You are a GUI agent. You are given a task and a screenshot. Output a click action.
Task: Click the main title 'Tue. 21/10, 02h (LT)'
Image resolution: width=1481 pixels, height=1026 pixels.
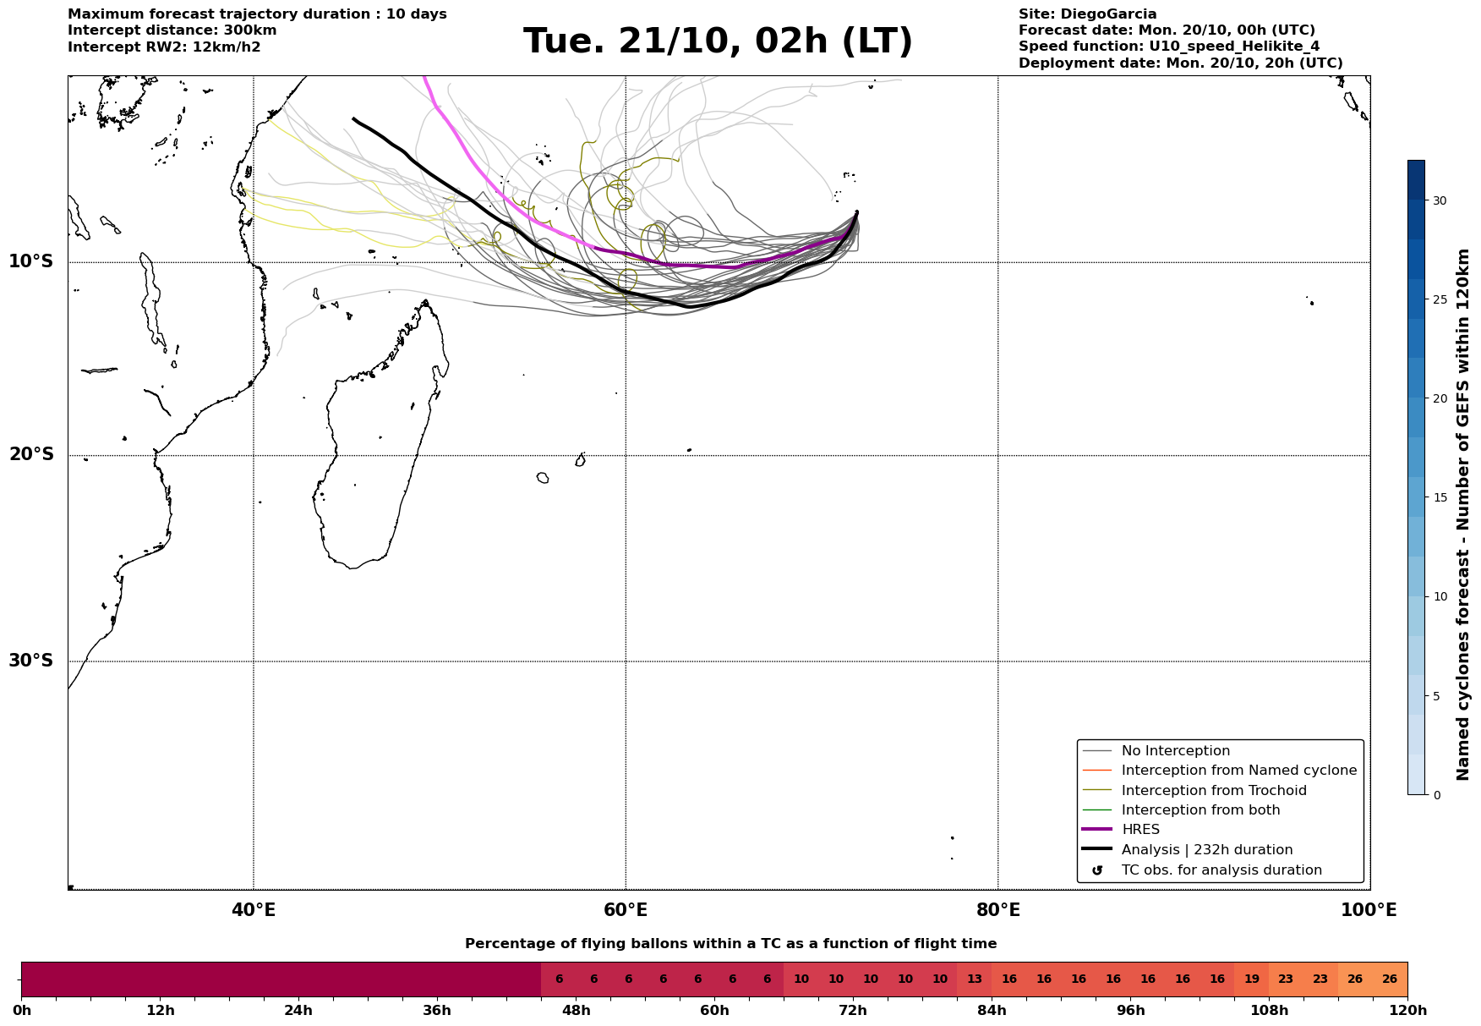click(x=718, y=41)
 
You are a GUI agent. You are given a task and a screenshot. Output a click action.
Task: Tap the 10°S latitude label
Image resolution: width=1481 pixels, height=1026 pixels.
click(x=31, y=261)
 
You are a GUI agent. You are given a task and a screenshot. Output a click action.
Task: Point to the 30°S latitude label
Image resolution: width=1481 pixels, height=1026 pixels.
click(x=31, y=661)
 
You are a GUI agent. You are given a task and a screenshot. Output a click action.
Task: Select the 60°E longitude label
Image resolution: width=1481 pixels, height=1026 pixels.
click(x=626, y=911)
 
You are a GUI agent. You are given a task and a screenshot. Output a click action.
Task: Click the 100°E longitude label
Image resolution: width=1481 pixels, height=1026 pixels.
click(x=1369, y=911)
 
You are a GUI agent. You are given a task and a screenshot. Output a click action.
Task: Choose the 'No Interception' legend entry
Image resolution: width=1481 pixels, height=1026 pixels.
click(x=1175, y=751)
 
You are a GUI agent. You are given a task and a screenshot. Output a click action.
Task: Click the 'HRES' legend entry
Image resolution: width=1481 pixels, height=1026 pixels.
click(x=1140, y=830)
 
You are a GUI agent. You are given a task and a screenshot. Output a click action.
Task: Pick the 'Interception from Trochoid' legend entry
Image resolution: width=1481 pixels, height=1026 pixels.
click(x=1213, y=791)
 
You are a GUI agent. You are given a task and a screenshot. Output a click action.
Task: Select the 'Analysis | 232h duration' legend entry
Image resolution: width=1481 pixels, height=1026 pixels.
click(x=1206, y=850)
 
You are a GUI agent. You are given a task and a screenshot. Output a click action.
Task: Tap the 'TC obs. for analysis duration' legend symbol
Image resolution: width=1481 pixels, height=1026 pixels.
click(x=1097, y=870)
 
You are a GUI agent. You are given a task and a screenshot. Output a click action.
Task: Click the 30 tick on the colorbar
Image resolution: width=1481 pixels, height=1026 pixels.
click(x=1439, y=200)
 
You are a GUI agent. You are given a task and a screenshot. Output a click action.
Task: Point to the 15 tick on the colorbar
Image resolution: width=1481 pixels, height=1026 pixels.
click(x=1439, y=497)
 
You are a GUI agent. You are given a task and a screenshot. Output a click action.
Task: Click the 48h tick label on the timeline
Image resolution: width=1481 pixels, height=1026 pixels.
click(x=576, y=1011)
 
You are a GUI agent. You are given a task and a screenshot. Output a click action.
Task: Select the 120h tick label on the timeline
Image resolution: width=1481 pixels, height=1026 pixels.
click(x=1407, y=1011)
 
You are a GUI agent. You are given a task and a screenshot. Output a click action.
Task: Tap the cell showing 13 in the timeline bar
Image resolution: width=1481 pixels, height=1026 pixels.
click(x=975, y=979)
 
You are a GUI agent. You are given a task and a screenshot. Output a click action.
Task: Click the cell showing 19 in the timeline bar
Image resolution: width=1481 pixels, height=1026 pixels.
click(x=1251, y=979)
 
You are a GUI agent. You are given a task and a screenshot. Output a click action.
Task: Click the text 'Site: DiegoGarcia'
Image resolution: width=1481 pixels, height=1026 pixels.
click(x=1087, y=14)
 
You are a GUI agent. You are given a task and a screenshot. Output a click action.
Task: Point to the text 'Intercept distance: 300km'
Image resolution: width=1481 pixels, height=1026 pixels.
click(x=172, y=30)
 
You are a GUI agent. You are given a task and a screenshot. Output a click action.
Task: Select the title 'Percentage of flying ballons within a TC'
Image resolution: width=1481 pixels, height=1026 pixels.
click(x=730, y=944)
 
